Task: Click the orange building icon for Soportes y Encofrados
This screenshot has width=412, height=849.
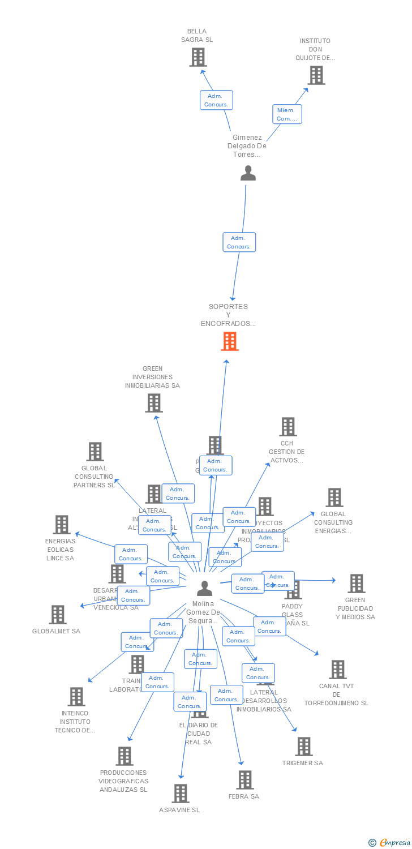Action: click(230, 341)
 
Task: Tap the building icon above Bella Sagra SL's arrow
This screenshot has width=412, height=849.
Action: click(198, 57)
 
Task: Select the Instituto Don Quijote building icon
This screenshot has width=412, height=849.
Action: click(316, 75)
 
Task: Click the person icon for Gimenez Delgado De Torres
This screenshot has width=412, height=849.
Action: click(248, 173)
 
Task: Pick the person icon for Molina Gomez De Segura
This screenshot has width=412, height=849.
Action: click(204, 589)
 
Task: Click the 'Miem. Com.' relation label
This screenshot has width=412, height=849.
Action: click(287, 114)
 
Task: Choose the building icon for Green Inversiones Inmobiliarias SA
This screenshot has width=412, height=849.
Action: click(153, 403)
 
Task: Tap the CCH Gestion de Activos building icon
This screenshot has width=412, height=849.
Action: click(287, 427)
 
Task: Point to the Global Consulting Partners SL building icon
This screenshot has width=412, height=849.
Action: click(95, 452)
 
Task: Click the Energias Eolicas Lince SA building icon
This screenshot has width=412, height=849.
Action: click(61, 525)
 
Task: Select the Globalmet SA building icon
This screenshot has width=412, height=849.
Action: click(57, 615)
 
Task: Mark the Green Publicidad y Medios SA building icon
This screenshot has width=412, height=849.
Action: click(356, 584)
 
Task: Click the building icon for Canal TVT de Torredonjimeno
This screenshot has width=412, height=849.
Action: click(337, 670)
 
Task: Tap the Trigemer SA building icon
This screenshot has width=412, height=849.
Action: click(303, 747)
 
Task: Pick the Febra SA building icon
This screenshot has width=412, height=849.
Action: click(244, 780)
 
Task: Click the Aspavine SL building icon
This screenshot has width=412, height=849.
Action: click(180, 794)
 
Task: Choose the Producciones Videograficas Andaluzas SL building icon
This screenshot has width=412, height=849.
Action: click(124, 756)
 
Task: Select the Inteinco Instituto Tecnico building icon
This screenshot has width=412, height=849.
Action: click(76, 697)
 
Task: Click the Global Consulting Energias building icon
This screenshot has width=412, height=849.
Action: click(334, 498)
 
